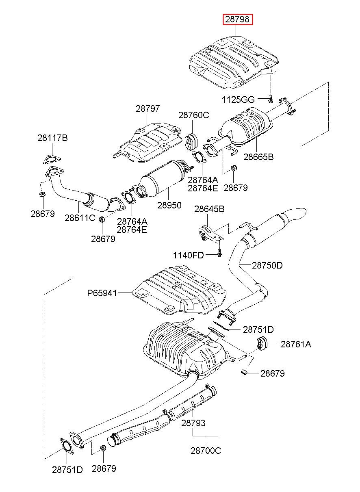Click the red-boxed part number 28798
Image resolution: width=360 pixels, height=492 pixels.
[238, 20]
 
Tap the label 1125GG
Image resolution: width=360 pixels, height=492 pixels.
[238, 100]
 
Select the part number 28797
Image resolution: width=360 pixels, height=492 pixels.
[148, 108]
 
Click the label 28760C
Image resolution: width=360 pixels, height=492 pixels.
[193, 115]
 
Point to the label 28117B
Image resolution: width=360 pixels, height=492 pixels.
[52, 138]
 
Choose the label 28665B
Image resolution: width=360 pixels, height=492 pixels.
[258, 157]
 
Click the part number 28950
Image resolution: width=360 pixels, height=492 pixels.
[169, 205]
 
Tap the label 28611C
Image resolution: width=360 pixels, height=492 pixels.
[80, 218]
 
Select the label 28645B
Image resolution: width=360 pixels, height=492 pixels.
[209, 209]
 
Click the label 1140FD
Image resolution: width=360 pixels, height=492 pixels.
[189, 256]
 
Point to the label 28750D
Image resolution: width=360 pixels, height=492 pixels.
[267, 266]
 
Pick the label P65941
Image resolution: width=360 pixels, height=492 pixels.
[102, 293]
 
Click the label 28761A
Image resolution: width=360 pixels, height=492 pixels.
[296, 344]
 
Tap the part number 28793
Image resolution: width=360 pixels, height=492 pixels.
[193, 423]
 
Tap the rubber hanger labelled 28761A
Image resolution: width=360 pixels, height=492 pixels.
[261, 344]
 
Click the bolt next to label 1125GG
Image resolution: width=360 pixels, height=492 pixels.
[271, 99]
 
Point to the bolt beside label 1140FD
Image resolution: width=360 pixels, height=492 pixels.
[219, 253]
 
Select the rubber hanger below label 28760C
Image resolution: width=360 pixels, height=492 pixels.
[192, 141]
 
